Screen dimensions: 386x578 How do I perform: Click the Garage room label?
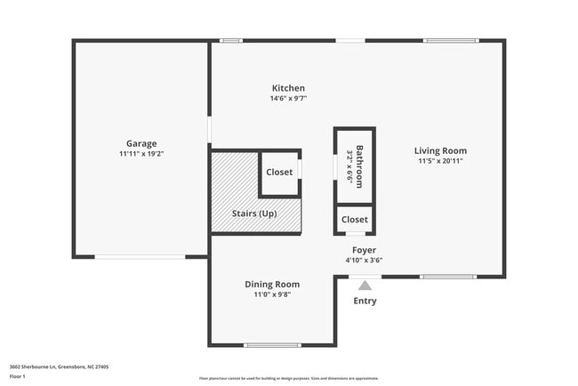141,143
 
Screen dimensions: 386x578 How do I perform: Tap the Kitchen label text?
288,88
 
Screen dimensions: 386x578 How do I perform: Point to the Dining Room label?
272,284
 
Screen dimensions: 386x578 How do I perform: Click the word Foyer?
364,250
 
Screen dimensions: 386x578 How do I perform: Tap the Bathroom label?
359,165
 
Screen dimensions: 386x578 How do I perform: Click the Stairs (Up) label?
254,213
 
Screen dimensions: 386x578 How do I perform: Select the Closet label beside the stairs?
279,172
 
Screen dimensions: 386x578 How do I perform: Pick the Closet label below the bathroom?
354,219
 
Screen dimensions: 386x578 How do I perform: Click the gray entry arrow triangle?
364,285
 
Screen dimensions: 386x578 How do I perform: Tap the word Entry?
365,301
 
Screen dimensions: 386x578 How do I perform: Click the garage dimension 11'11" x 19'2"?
141,154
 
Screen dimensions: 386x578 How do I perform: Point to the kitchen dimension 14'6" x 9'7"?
288,99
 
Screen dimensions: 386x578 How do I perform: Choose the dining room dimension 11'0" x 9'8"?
272,294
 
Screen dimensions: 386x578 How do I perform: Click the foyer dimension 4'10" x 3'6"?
364,261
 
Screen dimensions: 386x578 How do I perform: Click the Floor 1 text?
18,376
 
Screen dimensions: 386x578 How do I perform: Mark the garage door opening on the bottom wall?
140,257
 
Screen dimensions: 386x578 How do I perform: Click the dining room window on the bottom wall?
271,345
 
